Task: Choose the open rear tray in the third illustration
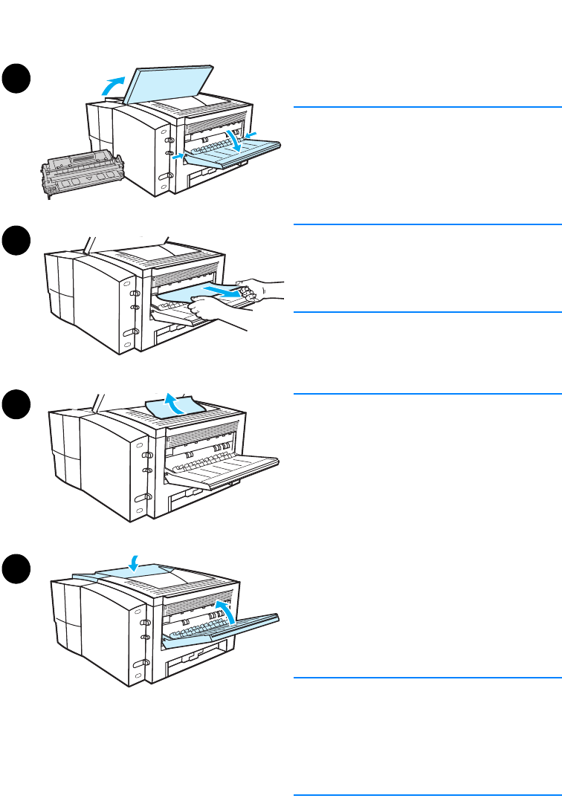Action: tap(223, 468)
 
